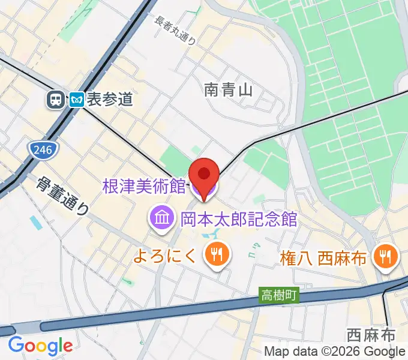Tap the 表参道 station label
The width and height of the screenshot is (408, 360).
coord(109,100)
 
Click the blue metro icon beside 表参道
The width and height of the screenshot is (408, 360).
coord(76,99)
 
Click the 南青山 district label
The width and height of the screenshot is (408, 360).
coord(228,90)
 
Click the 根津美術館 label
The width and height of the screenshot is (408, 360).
coord(143,186)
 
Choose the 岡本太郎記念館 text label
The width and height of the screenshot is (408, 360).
coord(239,218)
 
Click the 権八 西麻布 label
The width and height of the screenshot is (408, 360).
coord(323,259)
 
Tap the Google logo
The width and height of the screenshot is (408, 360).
coord(40,346)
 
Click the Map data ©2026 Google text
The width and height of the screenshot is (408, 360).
coord(334,352)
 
